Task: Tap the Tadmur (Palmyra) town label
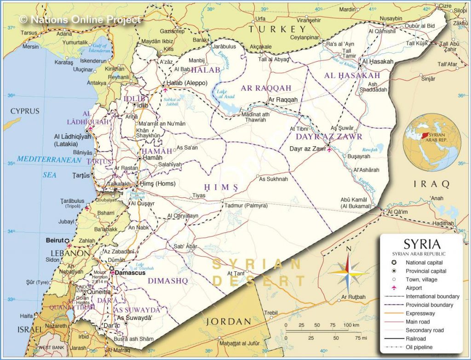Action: [x=246, y=206]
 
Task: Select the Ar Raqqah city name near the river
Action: [x=283, y=99]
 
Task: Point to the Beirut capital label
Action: [x=54, y=240]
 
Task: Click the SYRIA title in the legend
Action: [x=422, y=243]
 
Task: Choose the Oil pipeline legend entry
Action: [x=419, y=347]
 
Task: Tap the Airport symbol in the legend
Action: [x=394, y=288]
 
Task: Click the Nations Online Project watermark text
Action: [x=80, y=19]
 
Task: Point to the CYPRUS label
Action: [x=25, y=111]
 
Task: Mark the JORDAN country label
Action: [x=228, y=321]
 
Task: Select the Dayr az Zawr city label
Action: [x=307, y=149]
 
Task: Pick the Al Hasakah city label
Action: [x=378, y=62]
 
